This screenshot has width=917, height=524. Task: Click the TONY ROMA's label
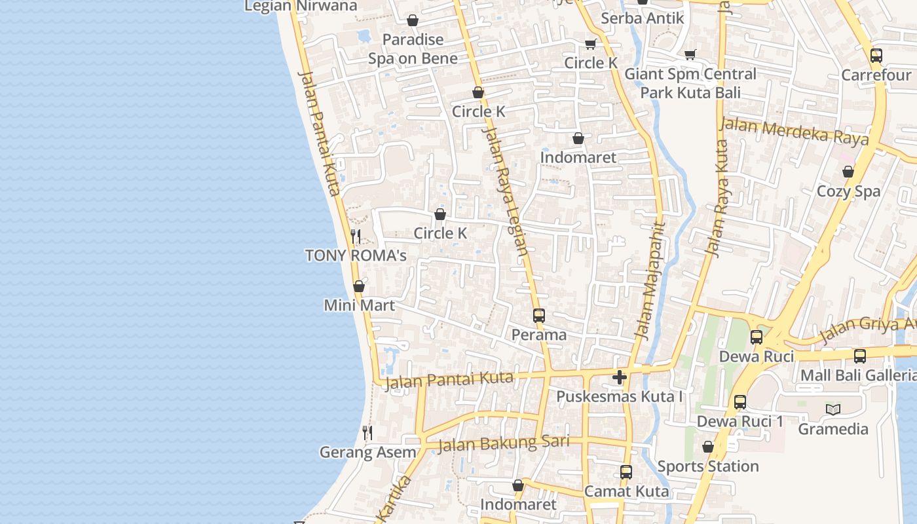coord(356,255)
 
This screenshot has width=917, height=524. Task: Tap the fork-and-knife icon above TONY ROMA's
coord(356,236)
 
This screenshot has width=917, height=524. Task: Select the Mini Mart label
coord(360,305)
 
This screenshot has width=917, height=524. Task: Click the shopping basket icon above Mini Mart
coord(359,286)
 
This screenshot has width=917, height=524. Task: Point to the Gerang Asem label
coord(367,452)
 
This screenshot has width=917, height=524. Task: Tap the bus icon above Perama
coord(539,316)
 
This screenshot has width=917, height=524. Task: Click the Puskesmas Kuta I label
coord(620,396)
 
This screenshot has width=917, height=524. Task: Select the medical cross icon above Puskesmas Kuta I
coord(620,377)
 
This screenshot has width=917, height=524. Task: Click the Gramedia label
coord(833,429)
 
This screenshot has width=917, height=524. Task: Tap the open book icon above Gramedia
coord(833,410)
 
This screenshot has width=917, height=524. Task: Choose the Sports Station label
coord(708,466)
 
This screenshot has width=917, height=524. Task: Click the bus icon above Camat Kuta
coord(626,472)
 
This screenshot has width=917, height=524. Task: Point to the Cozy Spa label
coord(849,191)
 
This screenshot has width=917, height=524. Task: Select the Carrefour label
coord(876,75)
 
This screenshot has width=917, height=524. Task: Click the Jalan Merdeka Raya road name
coord(795,131)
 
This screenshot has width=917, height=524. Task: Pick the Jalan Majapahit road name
coord(650,282)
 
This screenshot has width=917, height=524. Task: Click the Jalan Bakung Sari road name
coord(503,443)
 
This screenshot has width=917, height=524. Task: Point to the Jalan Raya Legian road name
coord(504,190)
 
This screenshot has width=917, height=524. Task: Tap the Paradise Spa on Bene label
coord(413,49)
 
